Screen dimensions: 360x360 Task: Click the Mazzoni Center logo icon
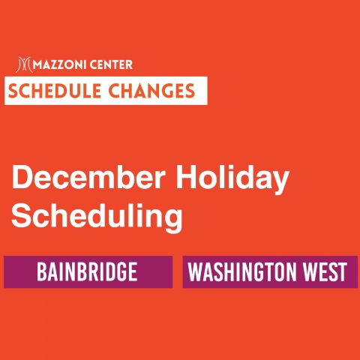[x=23, y=64]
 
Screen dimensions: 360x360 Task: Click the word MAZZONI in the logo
[x=59, y=65]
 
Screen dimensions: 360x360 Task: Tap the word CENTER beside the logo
[x=111, y=65]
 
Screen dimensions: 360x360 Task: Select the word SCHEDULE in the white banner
[x=55, y=91]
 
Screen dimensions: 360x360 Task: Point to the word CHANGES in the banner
[x=151, y=91]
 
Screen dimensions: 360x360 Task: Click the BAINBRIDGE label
[x=87, y=271]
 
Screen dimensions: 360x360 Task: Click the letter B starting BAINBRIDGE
[x=42, y=271]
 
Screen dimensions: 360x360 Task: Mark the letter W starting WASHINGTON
[x=196, y=271]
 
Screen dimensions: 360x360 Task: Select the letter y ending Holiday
[x=280, y=184]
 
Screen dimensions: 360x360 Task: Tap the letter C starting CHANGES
[x=114, y=91]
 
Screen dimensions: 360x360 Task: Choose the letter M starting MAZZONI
[x=37, y=65]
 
